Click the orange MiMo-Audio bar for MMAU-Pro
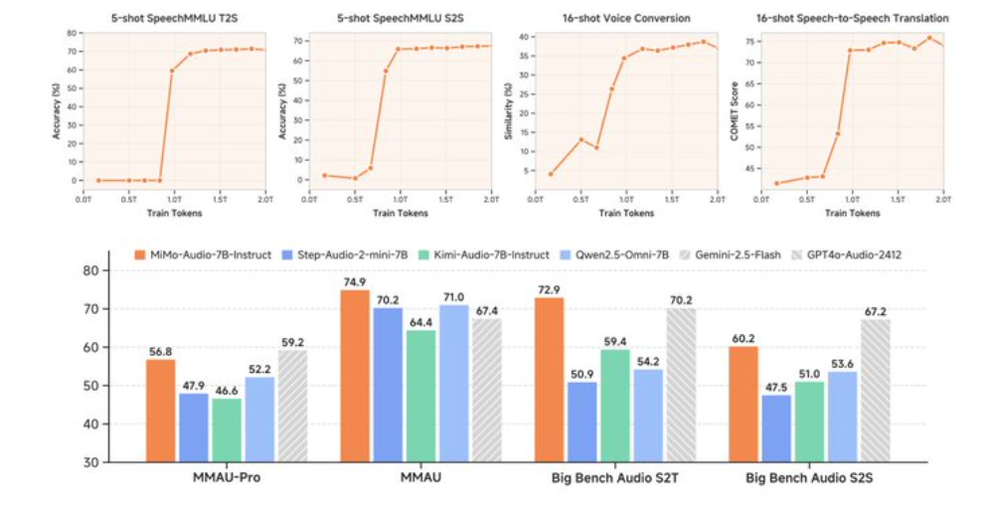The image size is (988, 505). pos(161,411)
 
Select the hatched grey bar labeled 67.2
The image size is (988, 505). pos(876,391)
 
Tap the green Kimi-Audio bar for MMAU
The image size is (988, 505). pos(420,396)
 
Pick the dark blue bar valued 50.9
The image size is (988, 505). pos(582,421)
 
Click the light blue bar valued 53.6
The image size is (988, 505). pos(843,417)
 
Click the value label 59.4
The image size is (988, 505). pos(615,342)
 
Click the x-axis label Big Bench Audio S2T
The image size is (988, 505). pos(614,478)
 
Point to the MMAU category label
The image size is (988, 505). pos(420,478)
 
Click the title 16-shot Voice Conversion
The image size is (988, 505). pos(626,18)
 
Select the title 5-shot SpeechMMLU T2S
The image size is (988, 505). pos(174,18)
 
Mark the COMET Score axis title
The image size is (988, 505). pos(735,111)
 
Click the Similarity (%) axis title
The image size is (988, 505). pos(509,111)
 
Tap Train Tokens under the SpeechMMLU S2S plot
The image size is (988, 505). pos(401,213)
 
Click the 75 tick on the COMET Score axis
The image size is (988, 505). pos(749,42)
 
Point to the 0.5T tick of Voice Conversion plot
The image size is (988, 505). pos(580,199)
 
